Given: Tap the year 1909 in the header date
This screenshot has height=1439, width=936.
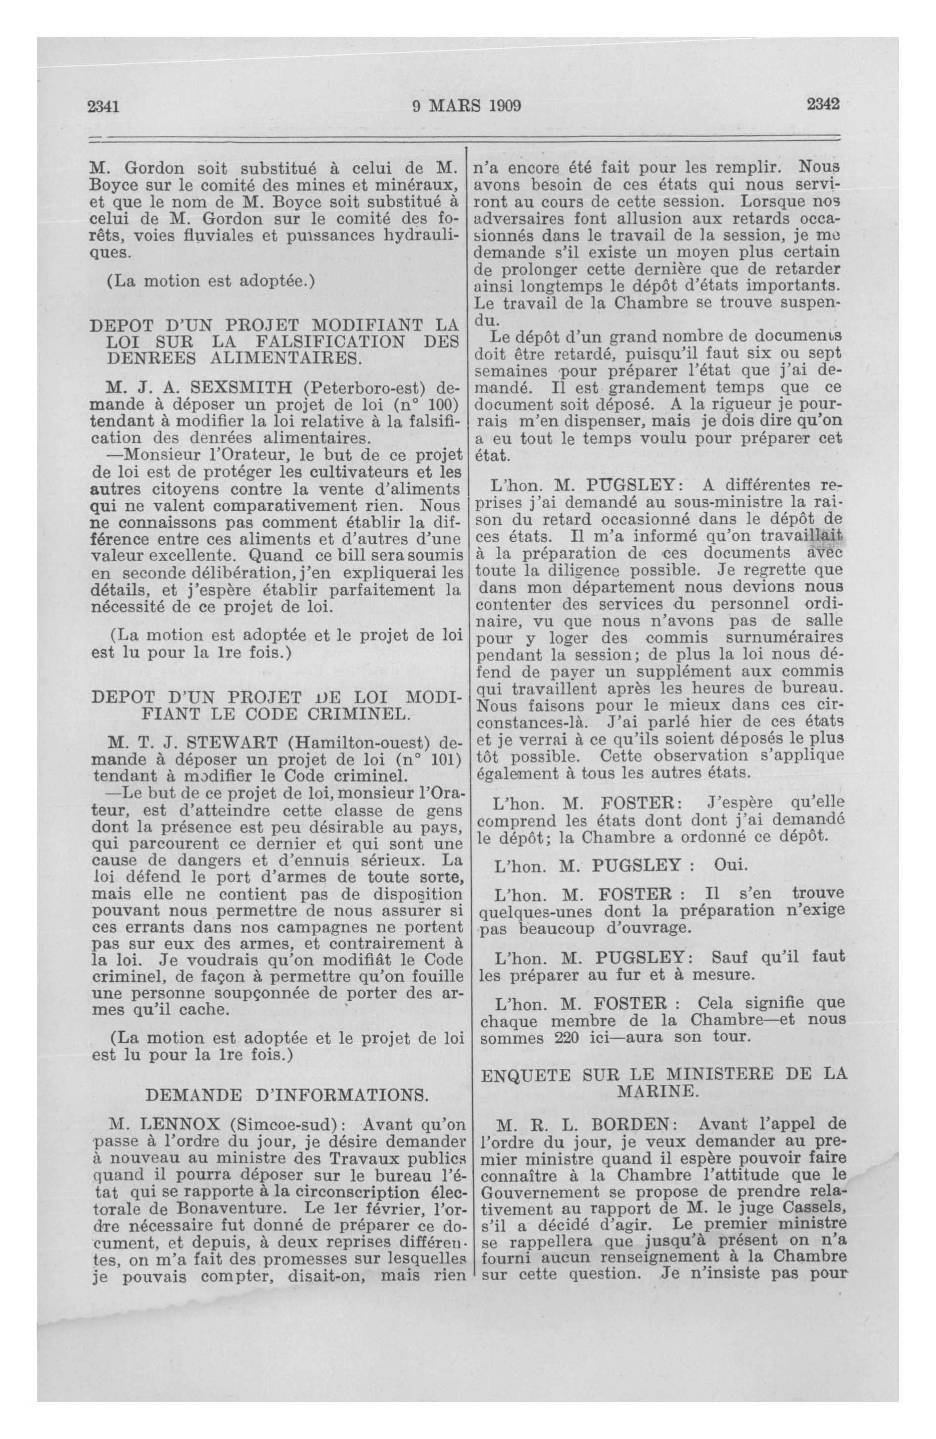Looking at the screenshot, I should click(x=501, y=106).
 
